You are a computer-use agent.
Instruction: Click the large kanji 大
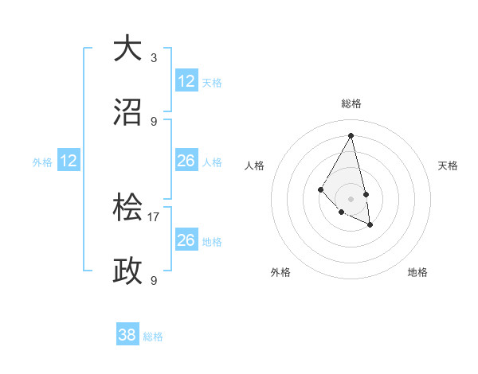click(128, 49)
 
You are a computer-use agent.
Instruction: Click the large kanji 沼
click(128, 112)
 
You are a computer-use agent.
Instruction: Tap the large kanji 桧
click(128, 208)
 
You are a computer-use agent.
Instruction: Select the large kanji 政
click(128, 271)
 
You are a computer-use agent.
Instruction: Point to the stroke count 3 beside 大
click(154, 57)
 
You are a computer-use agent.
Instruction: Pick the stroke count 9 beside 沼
click(154, 121)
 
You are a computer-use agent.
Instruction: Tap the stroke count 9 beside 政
click(154, 280)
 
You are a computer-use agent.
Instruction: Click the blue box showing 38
click(127, 335)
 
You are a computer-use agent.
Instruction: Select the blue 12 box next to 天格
click(186, 80)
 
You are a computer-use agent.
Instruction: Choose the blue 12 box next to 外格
click(69, 161)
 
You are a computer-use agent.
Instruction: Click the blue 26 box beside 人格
click(186, 161)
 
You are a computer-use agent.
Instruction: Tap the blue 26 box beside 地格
click(186, 240)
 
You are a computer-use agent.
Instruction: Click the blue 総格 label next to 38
click(153, 337)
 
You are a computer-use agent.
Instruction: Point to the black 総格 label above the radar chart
click(351, 103)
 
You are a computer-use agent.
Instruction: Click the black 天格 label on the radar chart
click(449, 166)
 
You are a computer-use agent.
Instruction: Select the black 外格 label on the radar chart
click(280, 272)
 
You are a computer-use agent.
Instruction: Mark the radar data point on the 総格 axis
click(351, 135)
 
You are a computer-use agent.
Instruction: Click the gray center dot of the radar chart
click(351, 198)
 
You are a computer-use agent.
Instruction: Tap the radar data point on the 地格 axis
click(370, 225)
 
